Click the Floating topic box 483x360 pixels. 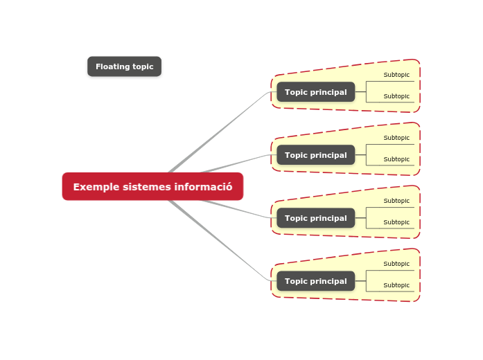124,66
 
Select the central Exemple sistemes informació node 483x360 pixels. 152,186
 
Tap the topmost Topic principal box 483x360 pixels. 315,92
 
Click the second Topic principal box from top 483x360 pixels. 315,155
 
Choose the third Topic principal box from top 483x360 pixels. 315,218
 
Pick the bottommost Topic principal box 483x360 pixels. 315,281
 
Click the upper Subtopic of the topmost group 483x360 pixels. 396,75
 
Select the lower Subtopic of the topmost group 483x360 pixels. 396,96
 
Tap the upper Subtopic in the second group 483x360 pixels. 396,138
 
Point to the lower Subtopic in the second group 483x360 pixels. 396,159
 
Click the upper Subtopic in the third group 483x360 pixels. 396,201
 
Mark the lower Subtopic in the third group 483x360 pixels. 396,222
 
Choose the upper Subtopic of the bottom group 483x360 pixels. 396,264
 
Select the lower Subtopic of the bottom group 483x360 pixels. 396,285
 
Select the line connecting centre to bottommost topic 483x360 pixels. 222,242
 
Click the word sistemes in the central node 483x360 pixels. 147,187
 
